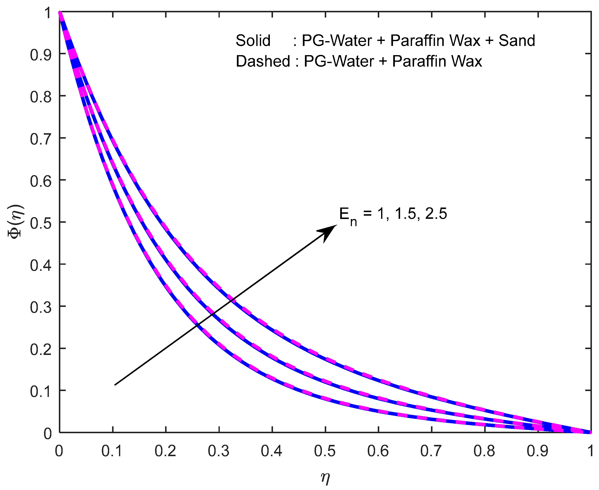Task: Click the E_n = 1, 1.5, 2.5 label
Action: point(393,214)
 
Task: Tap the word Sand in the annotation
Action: point(517,41)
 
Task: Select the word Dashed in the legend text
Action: point(263,61)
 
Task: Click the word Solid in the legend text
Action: point(253,41)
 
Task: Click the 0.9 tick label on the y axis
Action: point(41,55)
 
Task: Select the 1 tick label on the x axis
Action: point(590,451)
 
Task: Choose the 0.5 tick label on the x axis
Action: point(325,451)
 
